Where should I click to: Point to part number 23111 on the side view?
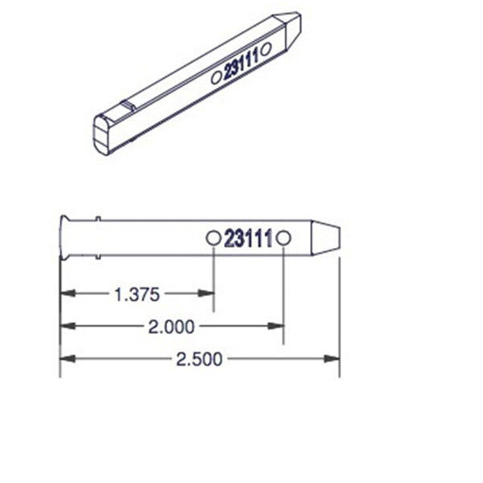[x=247, y=239]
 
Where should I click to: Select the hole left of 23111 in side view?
[x=213, y=238]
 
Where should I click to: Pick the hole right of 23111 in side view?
[x=283, y=238]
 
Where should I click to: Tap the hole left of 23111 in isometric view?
[x=216, y=78]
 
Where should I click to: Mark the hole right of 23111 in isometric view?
[x=266, y=48]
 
